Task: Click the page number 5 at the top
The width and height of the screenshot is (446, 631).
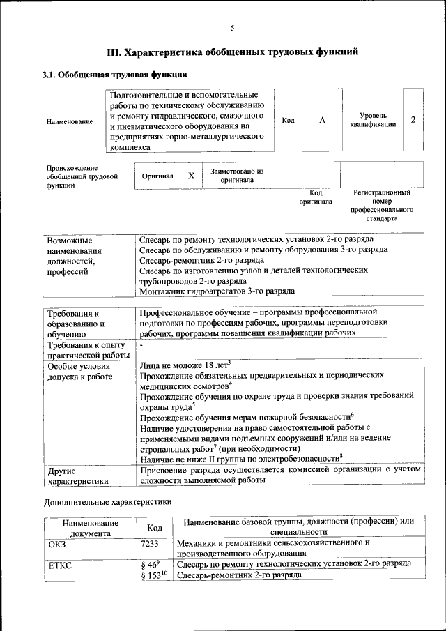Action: [x=232, y=27]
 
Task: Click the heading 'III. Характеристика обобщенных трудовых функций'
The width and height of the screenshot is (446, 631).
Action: [x=232, y=52]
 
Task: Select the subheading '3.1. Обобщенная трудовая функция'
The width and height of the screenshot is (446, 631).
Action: [x=114, y=74]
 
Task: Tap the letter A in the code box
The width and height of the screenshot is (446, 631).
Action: [x=322, y=121]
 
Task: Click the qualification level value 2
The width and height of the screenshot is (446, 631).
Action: [x=413, y=120]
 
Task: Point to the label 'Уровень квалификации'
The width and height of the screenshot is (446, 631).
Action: [x=374, y=120]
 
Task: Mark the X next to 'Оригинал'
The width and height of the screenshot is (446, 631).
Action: [x=191, y=176]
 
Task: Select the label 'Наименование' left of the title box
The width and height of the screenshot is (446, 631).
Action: [x=70, y=122]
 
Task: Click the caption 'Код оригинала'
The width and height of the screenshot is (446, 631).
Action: [x=316, y=197]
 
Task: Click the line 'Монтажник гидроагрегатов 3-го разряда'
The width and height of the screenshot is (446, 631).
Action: [x=216, y=291]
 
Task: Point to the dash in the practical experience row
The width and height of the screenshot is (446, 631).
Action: [x=141, y=345]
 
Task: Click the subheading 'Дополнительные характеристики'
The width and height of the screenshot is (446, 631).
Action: [x=107, y=501]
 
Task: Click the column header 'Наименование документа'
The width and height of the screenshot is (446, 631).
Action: [x=90, y=527]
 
